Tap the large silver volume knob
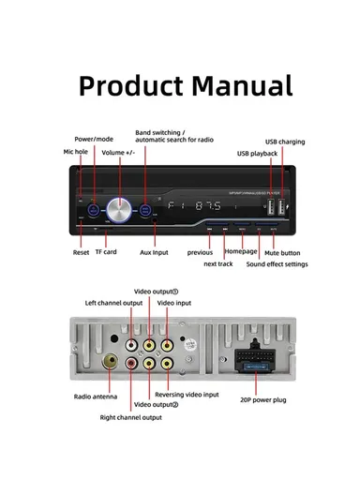point(119,206)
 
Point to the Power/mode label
point(95,138)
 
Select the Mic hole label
point(75,150)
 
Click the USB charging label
point(284,141)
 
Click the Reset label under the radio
point(82,252)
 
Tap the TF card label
point(105,252)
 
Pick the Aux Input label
point(154,252)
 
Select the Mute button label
point(282,252)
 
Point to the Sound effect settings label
point(277,264)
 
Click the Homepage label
point(241,252)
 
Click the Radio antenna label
point(95,396)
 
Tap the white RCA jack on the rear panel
point(133,343)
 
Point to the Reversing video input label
point(187,395)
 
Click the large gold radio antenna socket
point(110,361)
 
